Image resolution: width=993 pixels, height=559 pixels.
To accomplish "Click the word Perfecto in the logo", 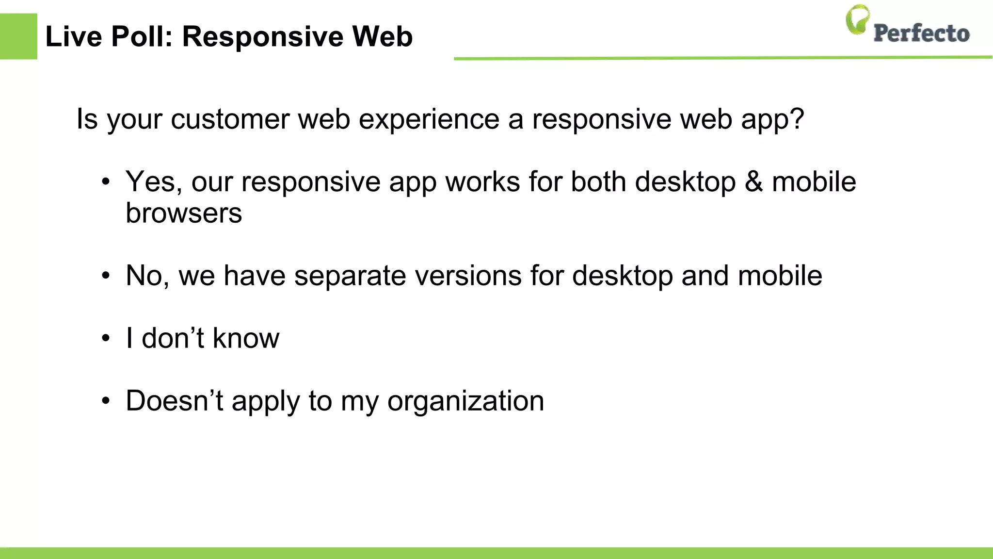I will coord(921,33).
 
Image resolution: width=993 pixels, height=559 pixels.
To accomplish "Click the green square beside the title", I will coord(18,36).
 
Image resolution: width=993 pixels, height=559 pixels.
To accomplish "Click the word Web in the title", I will coord(383,36).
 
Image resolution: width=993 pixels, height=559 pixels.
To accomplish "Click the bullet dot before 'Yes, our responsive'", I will coord(106,182).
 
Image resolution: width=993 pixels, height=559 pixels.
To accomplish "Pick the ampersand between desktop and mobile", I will coord(753,181).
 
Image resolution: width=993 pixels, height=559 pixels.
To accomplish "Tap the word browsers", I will coord(184,213).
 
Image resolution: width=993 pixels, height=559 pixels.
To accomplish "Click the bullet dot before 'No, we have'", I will coord(106,276).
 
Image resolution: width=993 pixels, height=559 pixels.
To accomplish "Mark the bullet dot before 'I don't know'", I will coord(106,339).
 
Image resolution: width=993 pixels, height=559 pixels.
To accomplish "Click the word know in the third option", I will coord(246,338).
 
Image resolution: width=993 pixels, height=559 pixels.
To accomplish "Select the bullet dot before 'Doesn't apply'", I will coord(106,401).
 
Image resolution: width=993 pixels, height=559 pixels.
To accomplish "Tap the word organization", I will coord(465,402).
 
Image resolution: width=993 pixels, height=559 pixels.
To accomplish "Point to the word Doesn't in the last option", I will coord(175,401).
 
